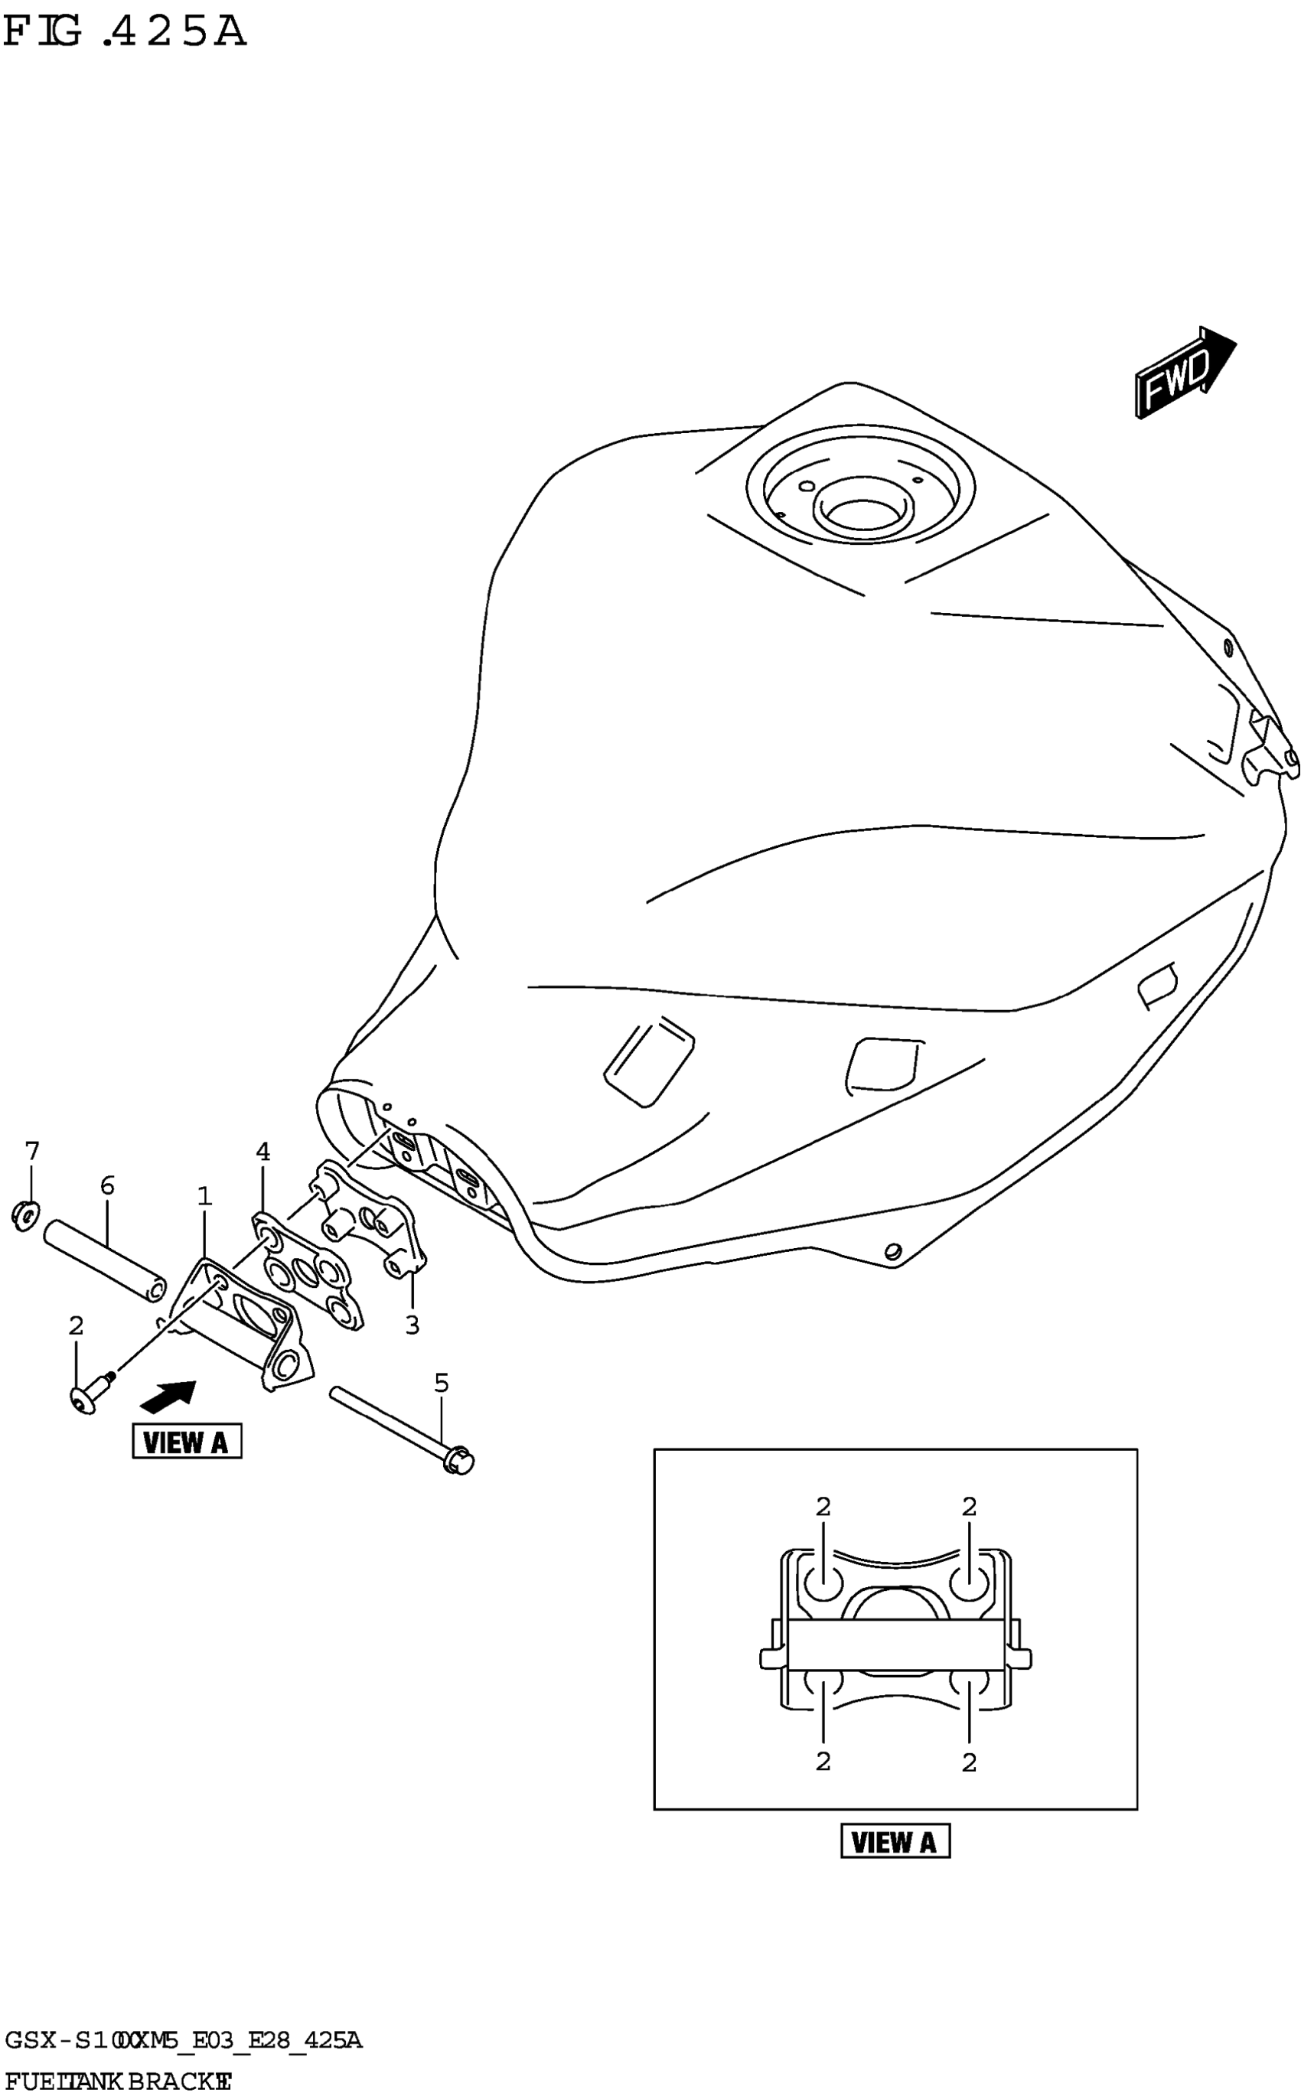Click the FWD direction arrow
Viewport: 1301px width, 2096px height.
click(x=1184, y=372)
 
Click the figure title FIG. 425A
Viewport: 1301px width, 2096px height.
click(x=125, y=33)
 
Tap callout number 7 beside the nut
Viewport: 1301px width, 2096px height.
click(x=32, y=1150)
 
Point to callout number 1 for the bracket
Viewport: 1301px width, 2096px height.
click(x=204, y=1196)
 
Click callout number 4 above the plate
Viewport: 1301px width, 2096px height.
click(x=262, y=1151)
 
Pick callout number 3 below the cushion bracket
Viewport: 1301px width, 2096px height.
click(x=412, y=1326)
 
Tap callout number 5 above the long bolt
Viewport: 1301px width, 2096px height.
click(x=442, y=1384)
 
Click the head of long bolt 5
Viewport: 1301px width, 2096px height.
click(x=461, y=1460)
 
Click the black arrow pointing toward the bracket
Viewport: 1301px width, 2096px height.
click(x=168, y=1396)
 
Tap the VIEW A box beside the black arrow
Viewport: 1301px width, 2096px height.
click(x=187, y=1441)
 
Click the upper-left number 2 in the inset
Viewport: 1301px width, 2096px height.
click(x=823, y=1508)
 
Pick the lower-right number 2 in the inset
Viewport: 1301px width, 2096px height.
click(x=969, y=1763)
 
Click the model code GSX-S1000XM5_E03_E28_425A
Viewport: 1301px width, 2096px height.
click(x=182, y=2041)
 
